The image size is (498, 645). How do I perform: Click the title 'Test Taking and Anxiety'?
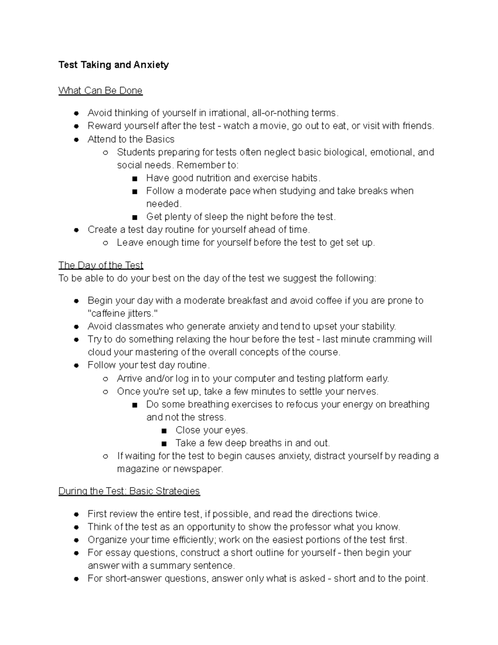pyautogui.click(x=113, y=65)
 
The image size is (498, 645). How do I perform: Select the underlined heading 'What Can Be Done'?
pyautogui.click(x=100, y=91)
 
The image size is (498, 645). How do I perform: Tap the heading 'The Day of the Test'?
pyautogui.click(x=101, y=265)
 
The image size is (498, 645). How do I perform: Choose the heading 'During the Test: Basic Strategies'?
pyautogui.click(x=129, y=491)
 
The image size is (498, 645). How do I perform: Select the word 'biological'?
pyautogui.click(x=345, y=152)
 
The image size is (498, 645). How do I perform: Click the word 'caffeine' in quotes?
pyautogui.click(x=108, y=313)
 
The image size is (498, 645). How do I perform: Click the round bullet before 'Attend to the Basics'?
pyautogui.click(x=76, y=140)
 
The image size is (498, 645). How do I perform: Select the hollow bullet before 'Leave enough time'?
pyautogui.click(x=105, y=243)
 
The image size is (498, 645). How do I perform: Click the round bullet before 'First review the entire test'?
pyautogui.click(x=76, y=514)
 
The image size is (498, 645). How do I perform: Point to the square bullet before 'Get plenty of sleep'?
pyautogui.click(x=134, y=217)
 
